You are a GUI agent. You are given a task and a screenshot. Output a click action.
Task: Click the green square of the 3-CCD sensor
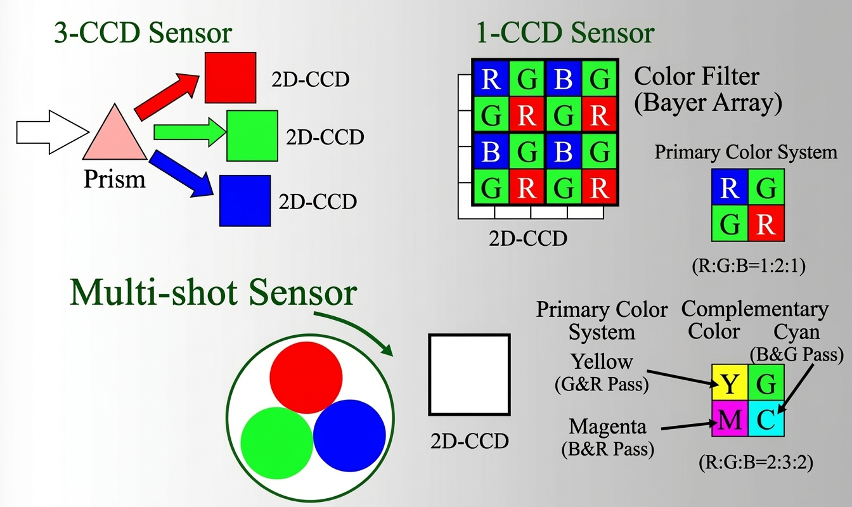click(252, 136)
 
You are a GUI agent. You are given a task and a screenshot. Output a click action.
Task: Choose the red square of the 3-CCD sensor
click(230, 77)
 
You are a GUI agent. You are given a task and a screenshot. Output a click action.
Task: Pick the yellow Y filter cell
click(730, 383)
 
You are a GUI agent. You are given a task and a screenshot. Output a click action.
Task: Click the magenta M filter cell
click(730, 420)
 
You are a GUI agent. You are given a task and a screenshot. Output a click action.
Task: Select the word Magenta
click(607, 425)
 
